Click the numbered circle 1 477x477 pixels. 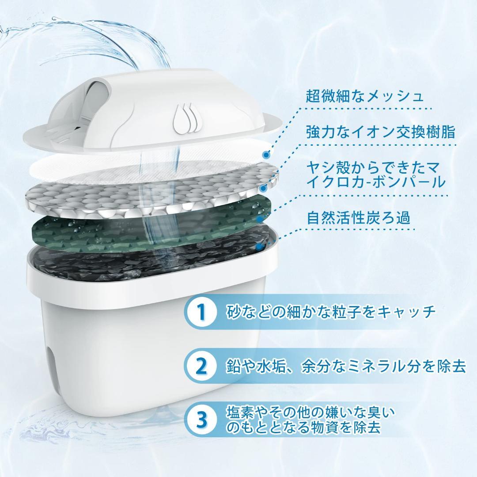tap(201, 311)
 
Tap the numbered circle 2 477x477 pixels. tap(201, 366)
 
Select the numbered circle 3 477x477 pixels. tap(201, 420)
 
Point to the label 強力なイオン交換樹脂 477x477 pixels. tap(381, 132)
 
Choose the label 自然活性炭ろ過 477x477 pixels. tap(358, 217)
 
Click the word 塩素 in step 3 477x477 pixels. tap(240, 412)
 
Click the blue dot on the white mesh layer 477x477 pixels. tap(267, 155)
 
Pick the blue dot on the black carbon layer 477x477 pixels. tap(258, 247)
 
